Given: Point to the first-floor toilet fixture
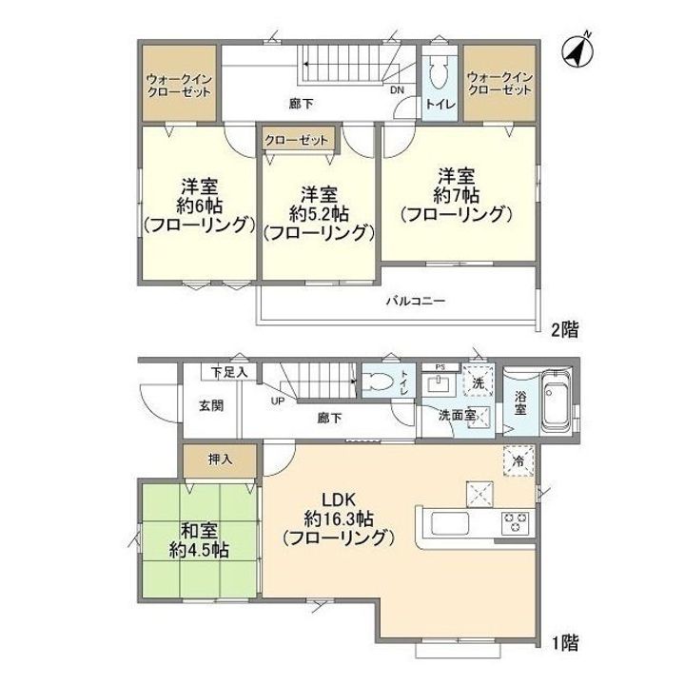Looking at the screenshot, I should (380, 382).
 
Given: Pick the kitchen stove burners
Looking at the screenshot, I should (515, 522).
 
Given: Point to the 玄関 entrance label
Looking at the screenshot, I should (210, 404).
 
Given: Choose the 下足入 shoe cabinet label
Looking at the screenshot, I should (228, 372).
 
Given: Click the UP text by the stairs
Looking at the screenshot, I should (278, 401).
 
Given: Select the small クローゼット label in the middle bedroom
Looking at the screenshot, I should (297, 140).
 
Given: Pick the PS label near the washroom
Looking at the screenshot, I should (440, 365).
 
